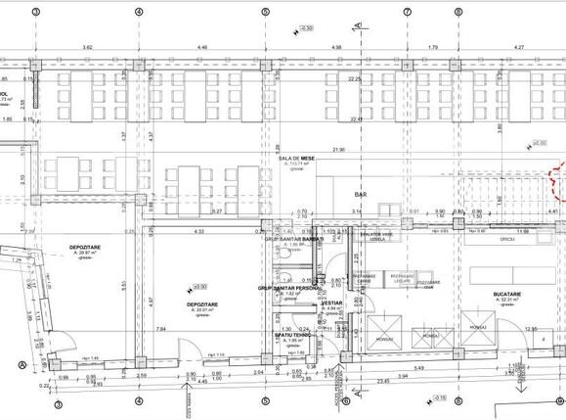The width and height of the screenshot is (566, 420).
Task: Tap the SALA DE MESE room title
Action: click(295, 158)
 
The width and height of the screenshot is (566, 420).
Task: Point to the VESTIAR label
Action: click(332, 303)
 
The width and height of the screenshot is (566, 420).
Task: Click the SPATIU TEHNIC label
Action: click(292, 334)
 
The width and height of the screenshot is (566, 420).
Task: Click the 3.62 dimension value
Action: click(88, 47)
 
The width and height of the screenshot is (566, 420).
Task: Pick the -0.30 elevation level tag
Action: click(307, 27)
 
